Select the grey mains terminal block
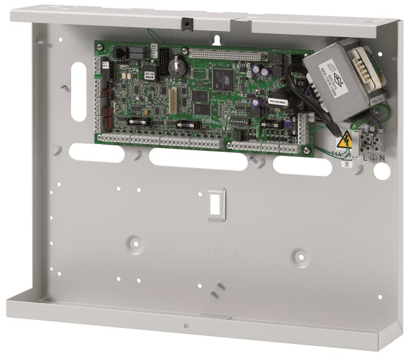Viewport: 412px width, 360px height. click(x=370, y=143)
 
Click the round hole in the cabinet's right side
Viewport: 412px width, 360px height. click(x=381, y=172)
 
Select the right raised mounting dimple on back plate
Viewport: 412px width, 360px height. click(x=300, y=254)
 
